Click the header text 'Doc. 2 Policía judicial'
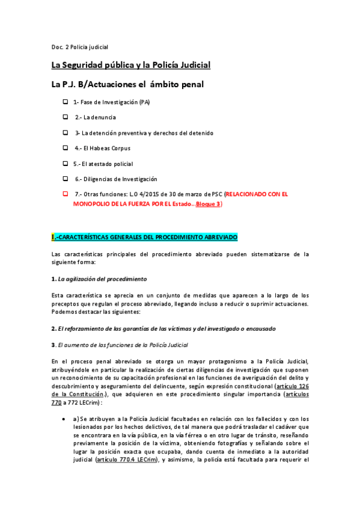pos(79,46)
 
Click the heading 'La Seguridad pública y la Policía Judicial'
pos(130,65)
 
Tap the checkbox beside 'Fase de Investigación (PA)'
pos(66,102)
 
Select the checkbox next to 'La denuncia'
pos(66,117)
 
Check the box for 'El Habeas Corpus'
pos(66,147)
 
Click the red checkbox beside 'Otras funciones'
pos(66,194)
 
